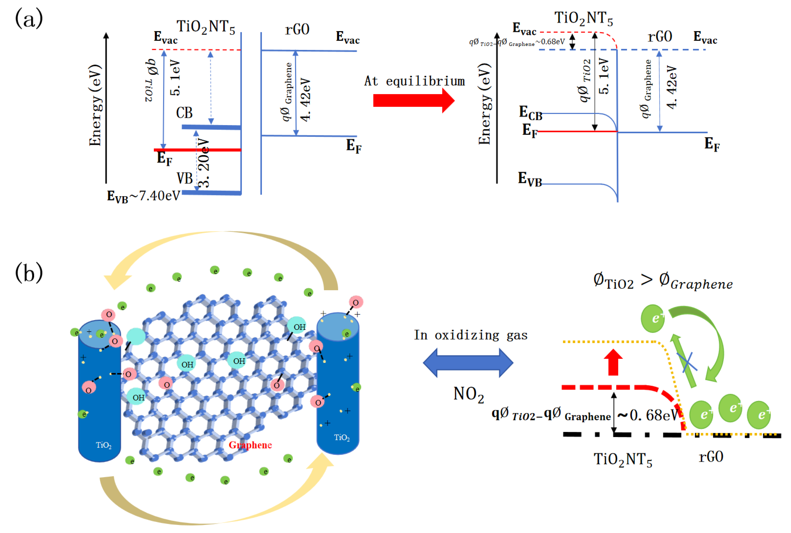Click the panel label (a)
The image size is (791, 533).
(x=29, y=19)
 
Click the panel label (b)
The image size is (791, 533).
(x=29, y=273)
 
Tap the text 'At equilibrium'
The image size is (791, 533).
(x=414, y=81)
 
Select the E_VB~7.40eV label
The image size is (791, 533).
(x=143, y=196)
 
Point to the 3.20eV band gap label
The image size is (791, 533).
(x=204, y=163)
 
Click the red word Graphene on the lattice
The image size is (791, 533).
(x=250, y=445)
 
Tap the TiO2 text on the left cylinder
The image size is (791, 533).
(x=103, y=445)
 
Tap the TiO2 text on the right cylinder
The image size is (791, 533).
(x=342, y=437)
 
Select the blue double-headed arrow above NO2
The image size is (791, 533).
(x=468, y=363)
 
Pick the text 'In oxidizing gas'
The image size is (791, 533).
(x=470, y=335)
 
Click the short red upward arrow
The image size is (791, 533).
(x=613, y=362)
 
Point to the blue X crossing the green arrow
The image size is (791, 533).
(x=687, y=362)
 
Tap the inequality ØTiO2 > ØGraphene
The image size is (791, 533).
(x=663, y=281)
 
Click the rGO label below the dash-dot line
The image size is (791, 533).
(x=711, y=457)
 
